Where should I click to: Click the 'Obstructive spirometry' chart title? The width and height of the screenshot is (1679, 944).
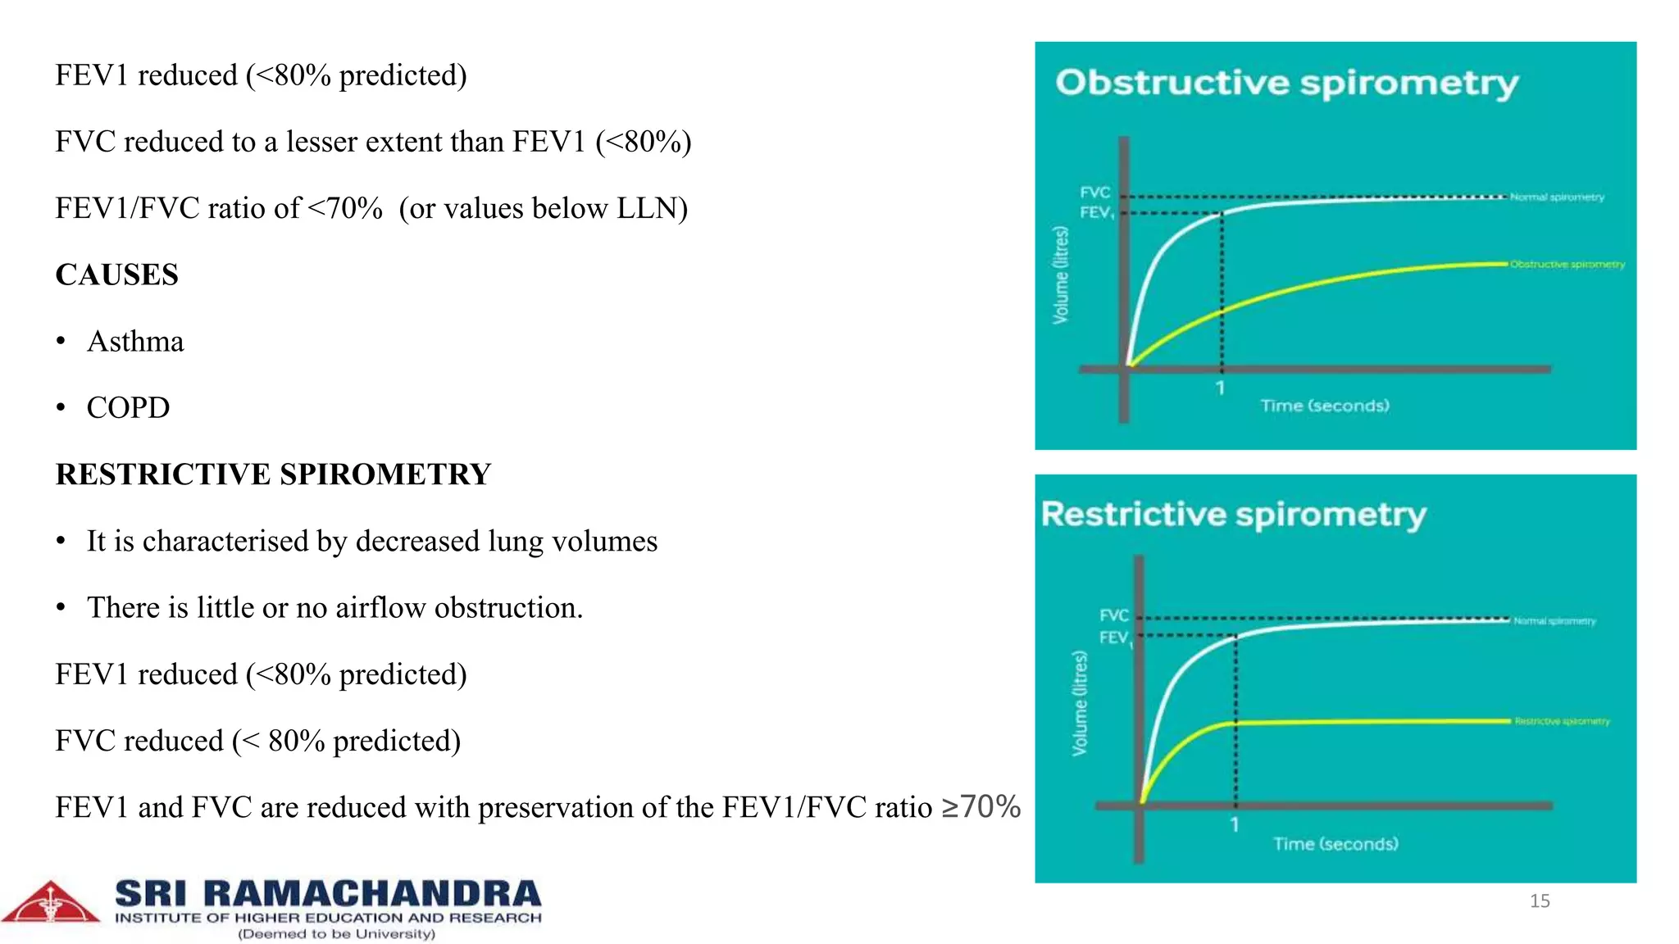1286,84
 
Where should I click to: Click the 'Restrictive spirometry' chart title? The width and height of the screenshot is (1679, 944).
1233,515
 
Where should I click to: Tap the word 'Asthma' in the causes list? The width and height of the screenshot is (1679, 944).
135,341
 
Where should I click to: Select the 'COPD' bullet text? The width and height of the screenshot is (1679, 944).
128,407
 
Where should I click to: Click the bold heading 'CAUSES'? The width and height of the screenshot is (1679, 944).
116,275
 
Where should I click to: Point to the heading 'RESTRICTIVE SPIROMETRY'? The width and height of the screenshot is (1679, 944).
273,474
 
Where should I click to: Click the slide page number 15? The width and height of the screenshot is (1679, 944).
1540,901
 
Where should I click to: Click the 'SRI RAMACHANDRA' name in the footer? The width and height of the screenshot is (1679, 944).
328,894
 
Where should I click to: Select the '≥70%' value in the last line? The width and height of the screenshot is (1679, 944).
981,806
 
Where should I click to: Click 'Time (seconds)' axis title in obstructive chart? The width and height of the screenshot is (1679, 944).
1324,406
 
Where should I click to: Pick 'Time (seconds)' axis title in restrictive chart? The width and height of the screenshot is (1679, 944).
1335,844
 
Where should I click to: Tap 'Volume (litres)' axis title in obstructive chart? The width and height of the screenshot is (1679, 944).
1061,275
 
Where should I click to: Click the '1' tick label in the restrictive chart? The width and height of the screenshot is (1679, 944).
1234,825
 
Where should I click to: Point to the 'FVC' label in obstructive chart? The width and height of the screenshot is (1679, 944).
1094,193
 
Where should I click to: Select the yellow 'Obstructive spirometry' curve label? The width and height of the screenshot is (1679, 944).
1567,265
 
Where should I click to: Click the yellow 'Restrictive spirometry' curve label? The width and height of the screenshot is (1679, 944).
1562,721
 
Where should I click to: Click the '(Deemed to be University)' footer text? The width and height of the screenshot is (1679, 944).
336,934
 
